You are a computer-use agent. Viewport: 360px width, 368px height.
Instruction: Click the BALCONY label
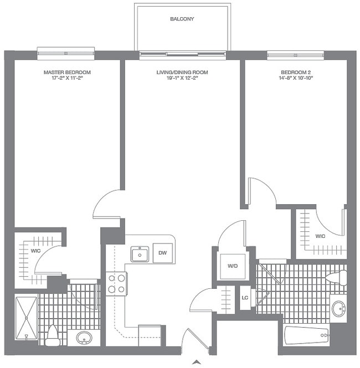(x=182, y=19)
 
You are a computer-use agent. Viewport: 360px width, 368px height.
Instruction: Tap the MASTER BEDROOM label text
(x=67, y=72)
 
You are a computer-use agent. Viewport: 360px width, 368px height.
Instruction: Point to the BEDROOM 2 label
(x=297, y=72)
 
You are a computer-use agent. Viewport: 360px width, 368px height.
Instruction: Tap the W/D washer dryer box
(x=232, y=266)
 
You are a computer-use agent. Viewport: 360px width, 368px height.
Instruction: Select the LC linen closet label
(x=244, y=297)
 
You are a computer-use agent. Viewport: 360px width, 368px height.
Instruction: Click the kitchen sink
(x=139, y=254)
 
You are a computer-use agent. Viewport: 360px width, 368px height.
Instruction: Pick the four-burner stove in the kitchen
(x=116, y=283)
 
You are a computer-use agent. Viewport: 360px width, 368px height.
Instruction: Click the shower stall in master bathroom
(x=26, y=318)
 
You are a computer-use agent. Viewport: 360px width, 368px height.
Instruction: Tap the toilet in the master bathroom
(x=53, y=335)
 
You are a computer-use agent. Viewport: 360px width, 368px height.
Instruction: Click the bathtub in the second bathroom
(x=306, y=335)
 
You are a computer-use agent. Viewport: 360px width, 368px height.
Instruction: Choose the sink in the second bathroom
(x=338, y=308)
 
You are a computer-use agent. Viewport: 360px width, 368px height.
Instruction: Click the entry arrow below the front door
(x=196, y=362)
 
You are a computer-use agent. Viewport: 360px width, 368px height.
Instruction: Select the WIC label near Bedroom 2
(x=320, y=236)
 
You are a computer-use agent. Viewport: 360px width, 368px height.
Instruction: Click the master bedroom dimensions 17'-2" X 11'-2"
(x=67, y=79)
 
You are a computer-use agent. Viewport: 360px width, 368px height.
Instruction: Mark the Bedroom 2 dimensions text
(x=297, y=79)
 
